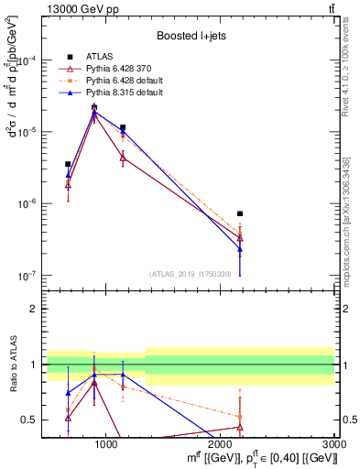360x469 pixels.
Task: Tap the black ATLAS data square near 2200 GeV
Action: [240, 213]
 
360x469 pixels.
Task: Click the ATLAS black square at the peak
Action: [94, 107]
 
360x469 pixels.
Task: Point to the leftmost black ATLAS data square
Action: [68, 164]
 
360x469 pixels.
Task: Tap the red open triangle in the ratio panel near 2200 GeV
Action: [240, 427]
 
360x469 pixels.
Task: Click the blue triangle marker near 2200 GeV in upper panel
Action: [240, 249]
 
